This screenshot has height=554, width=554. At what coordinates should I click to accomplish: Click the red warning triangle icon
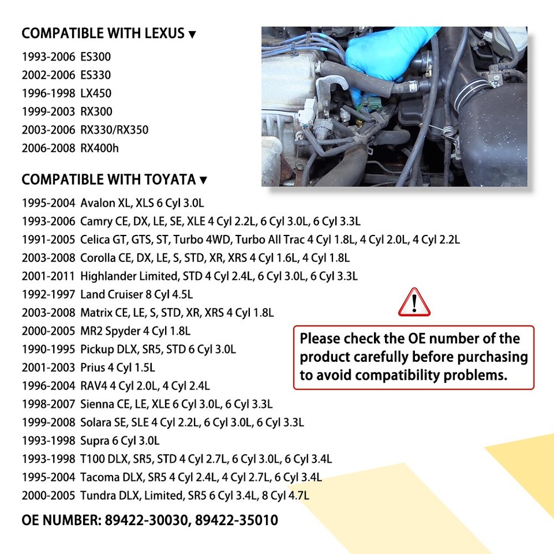(414, 302)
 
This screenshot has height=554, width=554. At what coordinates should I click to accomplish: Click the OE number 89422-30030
(147, 521)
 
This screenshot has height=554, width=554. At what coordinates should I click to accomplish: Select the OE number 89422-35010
(237, 521)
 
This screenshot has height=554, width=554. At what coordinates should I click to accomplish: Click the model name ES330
(96, 75)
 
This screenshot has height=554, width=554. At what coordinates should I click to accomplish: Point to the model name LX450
(96, 93)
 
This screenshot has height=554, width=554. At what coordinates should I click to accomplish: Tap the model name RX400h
(100, 148)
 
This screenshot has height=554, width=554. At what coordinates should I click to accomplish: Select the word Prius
(92, 368)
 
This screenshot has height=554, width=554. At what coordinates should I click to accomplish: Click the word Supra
(94, 441)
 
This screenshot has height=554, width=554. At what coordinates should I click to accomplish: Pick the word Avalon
(98, 204)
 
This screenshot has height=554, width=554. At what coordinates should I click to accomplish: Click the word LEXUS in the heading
(163, 34)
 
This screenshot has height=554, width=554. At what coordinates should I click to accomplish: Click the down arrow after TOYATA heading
(203, 181)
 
